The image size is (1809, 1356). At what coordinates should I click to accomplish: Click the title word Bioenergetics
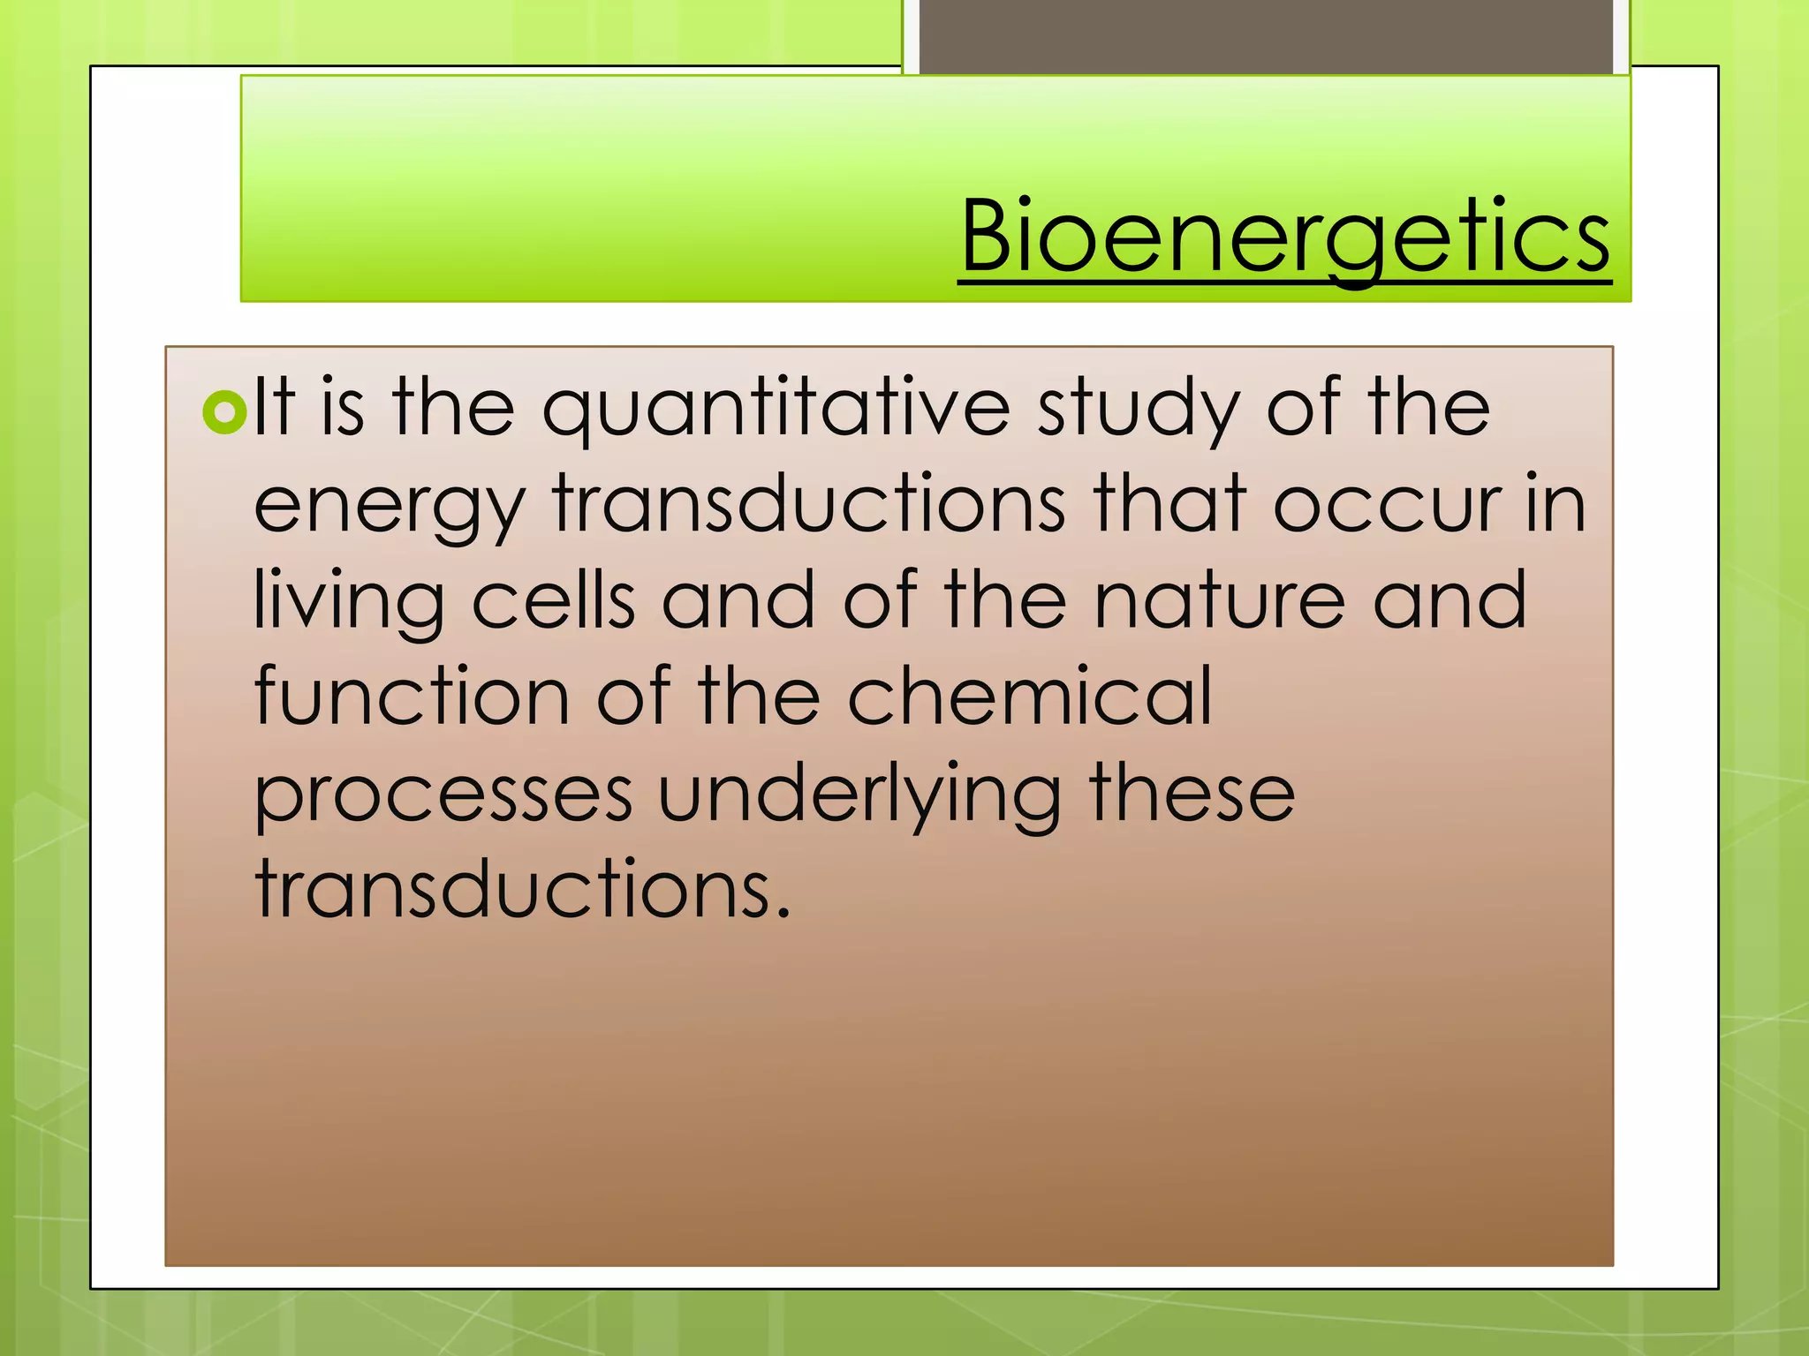(1285, 237)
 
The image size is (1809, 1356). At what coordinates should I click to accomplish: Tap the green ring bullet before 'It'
(224, 411)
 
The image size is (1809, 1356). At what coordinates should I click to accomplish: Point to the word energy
(390, 507)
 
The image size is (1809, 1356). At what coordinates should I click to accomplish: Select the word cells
(554, 600)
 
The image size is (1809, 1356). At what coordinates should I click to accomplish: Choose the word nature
(1220, 601)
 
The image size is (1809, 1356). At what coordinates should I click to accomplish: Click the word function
(412, 697)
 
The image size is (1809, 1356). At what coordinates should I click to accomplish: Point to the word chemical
(1030, 697)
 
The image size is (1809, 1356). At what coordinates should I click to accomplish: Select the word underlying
(859, 795)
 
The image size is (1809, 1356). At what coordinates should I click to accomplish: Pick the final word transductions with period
(522, 889)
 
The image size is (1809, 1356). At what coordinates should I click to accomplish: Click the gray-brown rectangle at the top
(1266, 35)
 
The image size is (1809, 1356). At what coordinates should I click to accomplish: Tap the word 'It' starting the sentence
(274, 408)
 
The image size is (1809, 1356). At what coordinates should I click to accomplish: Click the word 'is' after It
(342, 409)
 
